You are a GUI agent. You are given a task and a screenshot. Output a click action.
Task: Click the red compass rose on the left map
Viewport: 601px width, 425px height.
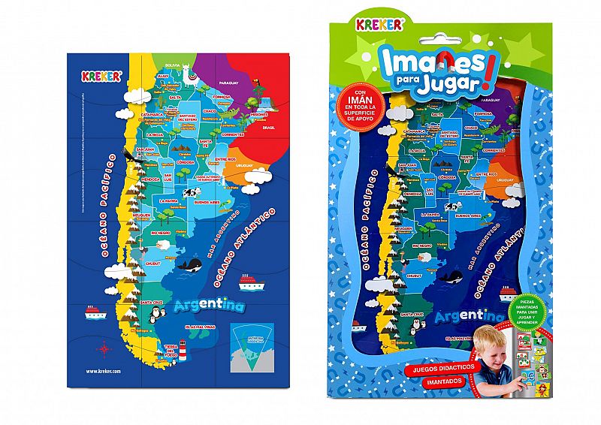click(102, 347)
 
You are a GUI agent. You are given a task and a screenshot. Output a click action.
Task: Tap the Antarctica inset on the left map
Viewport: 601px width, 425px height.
click(252, 343)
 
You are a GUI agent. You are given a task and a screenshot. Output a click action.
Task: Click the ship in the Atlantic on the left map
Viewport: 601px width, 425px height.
click(249, 282)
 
